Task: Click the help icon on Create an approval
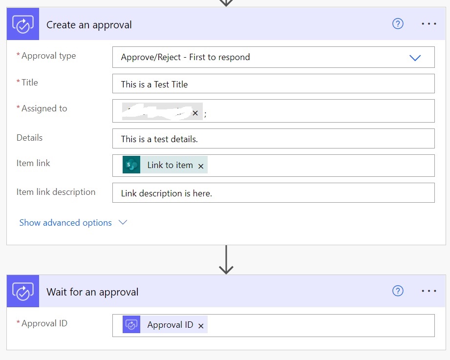pyautogui.click(x=398, y=24)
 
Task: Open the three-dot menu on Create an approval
pyautogui.click(x=429, y=24)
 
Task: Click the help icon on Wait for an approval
pyautogui.click(x=398, y=291)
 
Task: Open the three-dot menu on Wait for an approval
pyautogui.click(x=429, y=291)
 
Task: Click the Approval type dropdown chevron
pyautogui.click(x=415, y=58)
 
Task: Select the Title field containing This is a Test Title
pyautogui.click(x=273, y=84)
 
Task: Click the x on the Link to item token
pyautogui.click(x=201, y=166)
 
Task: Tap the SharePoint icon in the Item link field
pyautogui.click(x=131, y=165)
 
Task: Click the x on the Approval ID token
pyautogui.click(x=201, y=326)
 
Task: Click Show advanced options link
pyautogui.click(x=65, y=223)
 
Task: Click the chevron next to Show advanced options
pyautogui.click(x=123, y=223)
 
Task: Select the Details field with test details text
pyautogui.click(x=273, y=139)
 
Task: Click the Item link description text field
pyautogui.click(x=273, y=193)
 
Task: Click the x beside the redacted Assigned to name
pyautogui.click(x=195, y=113)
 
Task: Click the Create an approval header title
pyautogui.click(x=89, y=25)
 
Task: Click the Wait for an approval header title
pyautogui.click(x=92, y=292)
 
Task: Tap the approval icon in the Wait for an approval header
pyautogui.click(x=22, y=292)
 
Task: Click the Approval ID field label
pyautogui.click(x=44, y=323)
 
